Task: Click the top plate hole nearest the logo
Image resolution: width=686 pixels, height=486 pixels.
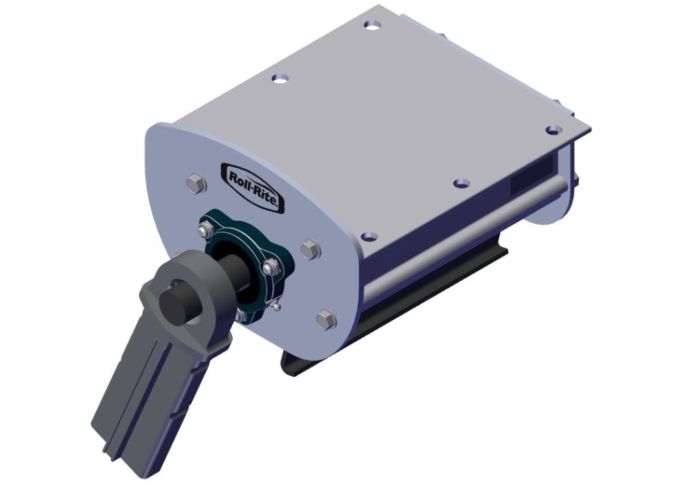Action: click(280, 78)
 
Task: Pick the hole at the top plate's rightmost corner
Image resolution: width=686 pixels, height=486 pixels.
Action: click(552, 129)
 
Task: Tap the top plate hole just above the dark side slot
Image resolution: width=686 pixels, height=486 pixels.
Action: click(463, 183)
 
